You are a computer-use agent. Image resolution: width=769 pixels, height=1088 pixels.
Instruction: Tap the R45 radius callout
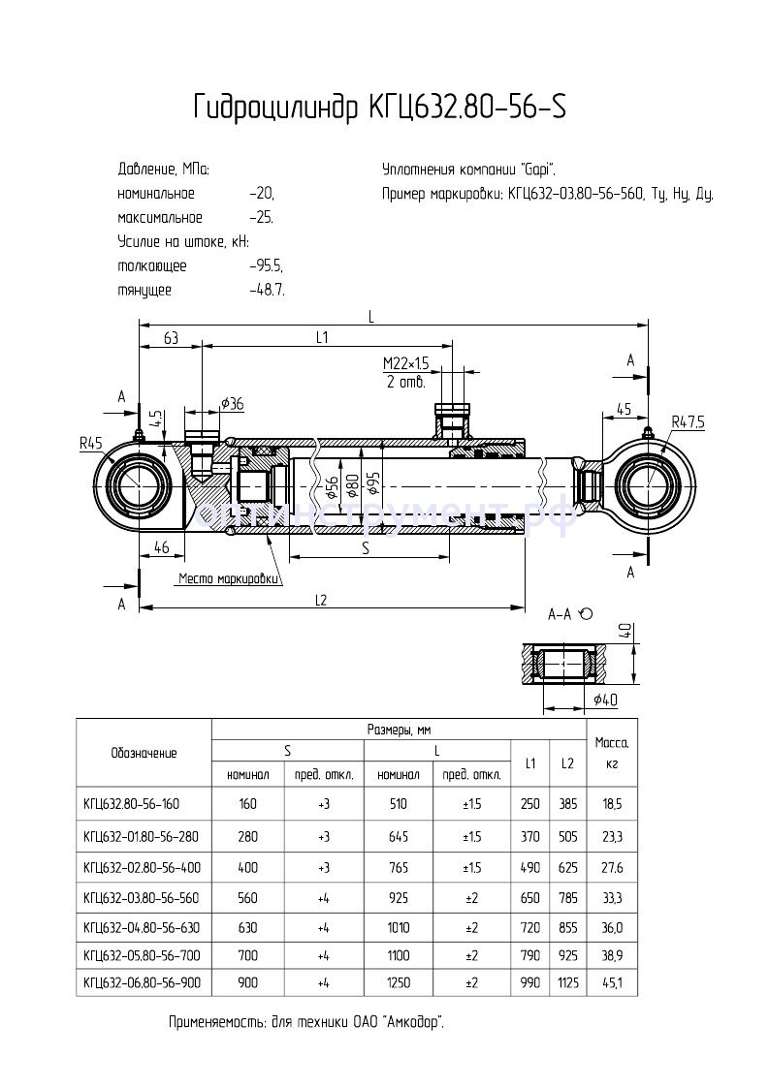(92, 443)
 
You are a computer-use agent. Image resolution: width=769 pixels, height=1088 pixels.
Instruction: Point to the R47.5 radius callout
(689, 421)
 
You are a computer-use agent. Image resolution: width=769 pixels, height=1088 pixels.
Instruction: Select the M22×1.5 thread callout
(405, 362)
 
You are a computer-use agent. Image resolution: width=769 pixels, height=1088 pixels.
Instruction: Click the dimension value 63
(170, 338)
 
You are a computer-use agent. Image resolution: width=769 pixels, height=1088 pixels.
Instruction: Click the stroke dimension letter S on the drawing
(366, 547)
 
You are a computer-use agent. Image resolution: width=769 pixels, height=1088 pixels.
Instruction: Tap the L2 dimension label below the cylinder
(322, 600)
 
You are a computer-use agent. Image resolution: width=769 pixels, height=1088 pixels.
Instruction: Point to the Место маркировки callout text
(229, 579)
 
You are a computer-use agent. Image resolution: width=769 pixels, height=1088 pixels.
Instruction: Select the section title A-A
(561, 614)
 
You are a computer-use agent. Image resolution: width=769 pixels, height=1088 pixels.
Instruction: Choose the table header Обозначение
(144, 752)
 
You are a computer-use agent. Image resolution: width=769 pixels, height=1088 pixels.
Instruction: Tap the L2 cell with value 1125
(567, 981)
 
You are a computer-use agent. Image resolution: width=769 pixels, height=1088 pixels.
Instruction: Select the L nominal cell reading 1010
(399, 926)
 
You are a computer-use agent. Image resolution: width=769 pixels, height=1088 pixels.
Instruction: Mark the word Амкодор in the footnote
(415, 1022)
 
